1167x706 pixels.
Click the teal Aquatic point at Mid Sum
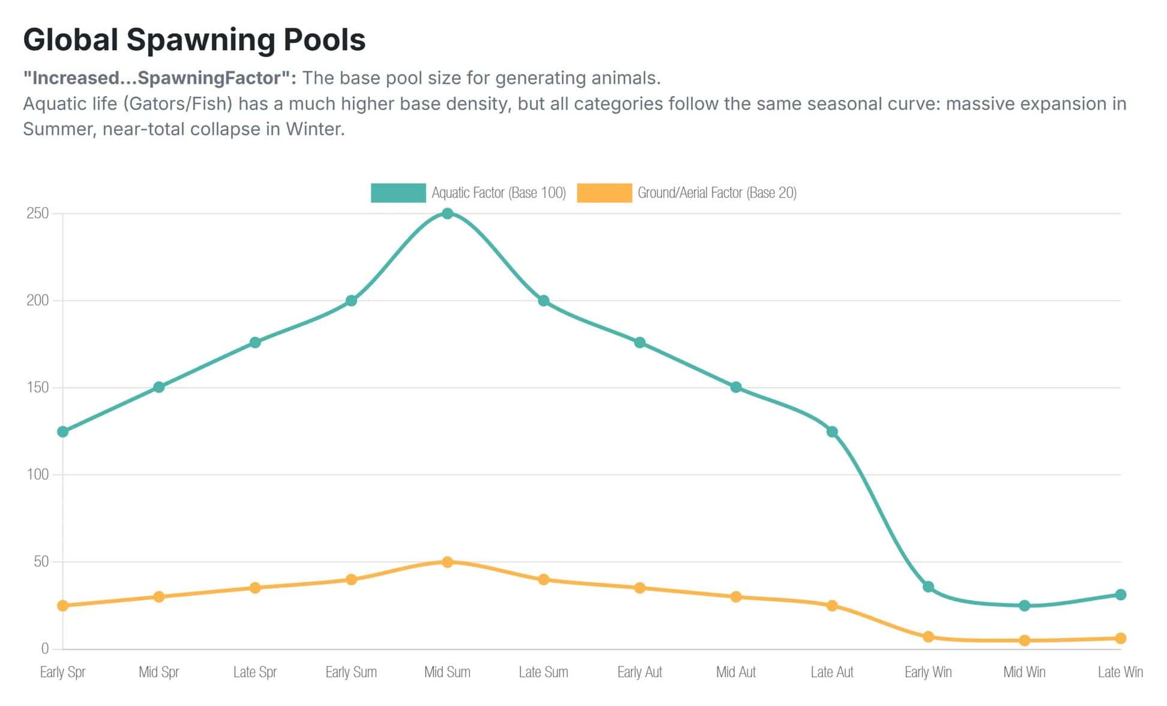point(447,213)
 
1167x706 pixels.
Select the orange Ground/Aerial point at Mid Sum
point(447,562)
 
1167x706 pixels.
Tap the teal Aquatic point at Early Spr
point(62,432)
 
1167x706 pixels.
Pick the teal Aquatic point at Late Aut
point(832,432)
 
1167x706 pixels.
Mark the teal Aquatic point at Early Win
point(928,587)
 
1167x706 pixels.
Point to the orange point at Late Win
point(1120,638)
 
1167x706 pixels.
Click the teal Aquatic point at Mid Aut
point(736,387)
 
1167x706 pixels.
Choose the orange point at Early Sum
point(351,579)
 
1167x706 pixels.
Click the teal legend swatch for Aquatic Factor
point(398,193)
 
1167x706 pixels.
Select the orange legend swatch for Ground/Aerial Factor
point(604,193)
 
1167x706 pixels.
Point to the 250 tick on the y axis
point(37,213)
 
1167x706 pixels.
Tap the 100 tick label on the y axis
point(37,474)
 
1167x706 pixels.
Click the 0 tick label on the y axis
point(44,648)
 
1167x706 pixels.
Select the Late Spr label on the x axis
point(255,672)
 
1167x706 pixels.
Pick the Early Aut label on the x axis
point(640,672)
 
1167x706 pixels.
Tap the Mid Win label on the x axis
point(1024,672)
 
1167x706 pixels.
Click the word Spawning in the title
point(201,40)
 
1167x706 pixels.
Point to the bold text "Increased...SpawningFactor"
point(159,78)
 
